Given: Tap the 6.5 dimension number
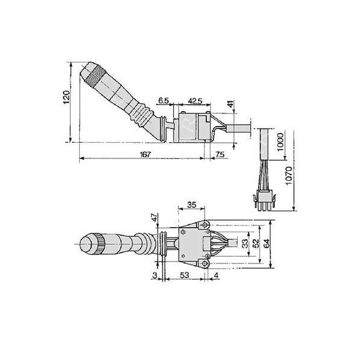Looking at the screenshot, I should (164, 100).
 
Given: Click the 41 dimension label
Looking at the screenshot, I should (231, 106).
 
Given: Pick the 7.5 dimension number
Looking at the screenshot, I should (220, 155).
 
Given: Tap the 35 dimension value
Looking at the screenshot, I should (191, 205).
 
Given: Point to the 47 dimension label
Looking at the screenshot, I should (154, 218).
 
